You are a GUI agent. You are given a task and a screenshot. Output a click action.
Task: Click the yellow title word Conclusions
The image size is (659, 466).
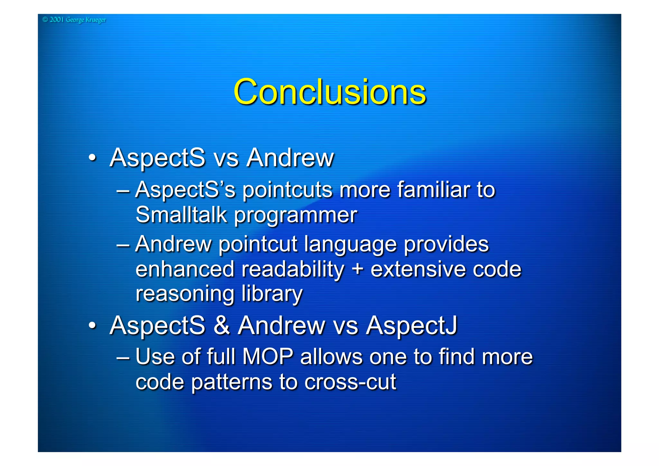click(x=329, y=92)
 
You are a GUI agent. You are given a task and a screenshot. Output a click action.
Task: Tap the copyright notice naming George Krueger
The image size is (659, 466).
click(x=74, y=20)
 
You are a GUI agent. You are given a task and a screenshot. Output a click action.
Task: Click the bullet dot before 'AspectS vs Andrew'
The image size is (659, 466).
click(x=92, y=158)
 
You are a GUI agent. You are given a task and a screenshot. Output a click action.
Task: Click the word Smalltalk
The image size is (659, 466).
click(x=181, y=214)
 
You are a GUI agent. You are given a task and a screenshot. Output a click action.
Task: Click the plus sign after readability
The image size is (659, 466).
click(x=357, y=269)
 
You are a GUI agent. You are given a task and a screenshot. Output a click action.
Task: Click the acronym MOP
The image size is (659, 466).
click(x=267, y=357)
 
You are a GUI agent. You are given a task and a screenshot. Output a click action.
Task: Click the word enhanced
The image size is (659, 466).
click(x=185, y=269)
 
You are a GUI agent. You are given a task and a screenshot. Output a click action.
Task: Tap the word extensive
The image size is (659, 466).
click(x=418, y=269)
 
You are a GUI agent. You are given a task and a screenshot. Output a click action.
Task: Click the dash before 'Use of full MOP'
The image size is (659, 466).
click(x=123, y=357)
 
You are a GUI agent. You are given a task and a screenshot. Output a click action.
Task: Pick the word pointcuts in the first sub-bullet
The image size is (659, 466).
click(x=287, y=190)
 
